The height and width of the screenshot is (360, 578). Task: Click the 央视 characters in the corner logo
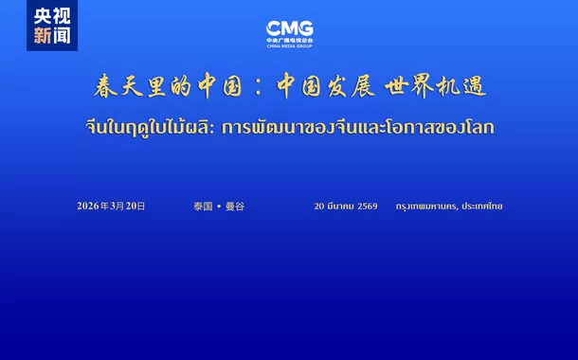click(x=51, y=16)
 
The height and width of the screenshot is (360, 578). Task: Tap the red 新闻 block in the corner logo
click(x=51, y=36)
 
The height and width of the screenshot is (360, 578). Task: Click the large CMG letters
click(x=289, y=28)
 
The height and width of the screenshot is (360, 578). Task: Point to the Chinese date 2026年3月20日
click(x=111, y=206)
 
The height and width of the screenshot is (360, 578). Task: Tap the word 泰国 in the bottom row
click(x=202, y=206)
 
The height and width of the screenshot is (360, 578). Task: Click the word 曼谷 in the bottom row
click(x=234, y=206)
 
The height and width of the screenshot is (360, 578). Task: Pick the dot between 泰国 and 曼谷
click(x=218, y=206)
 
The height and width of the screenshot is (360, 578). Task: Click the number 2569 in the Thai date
click(x=368, y=206)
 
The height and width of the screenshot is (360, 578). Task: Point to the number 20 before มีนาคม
click(x=319, y=206)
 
